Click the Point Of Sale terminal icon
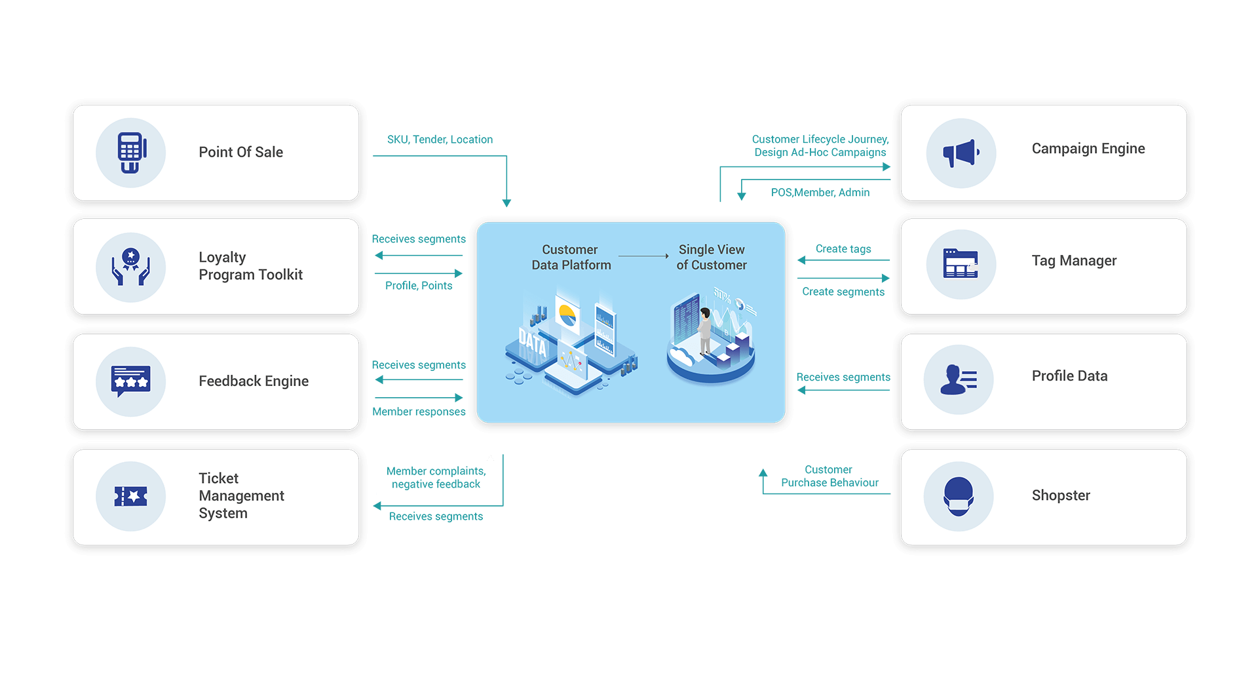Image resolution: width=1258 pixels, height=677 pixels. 131,153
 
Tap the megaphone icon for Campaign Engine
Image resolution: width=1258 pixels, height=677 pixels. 961,153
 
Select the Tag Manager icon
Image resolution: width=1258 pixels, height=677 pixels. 961,264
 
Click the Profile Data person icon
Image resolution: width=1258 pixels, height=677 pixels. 959,379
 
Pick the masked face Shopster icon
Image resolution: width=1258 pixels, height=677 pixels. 959,496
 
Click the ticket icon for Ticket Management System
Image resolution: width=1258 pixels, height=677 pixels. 131,497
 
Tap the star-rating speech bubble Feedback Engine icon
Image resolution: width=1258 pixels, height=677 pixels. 131,381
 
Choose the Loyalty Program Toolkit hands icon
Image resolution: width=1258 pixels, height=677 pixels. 131,267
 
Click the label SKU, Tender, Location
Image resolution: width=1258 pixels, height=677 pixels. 440,140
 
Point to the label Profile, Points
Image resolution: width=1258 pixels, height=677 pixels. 419,286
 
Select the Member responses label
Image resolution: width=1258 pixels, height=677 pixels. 419,412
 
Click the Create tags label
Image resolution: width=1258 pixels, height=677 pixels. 843,249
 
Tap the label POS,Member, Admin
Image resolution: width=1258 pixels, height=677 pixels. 820,193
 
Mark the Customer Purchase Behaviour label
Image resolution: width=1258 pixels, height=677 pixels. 829,476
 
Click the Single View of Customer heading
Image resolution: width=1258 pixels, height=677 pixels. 712,258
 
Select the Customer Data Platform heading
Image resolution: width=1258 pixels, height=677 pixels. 571,258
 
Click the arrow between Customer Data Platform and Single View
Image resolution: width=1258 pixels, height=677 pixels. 643,256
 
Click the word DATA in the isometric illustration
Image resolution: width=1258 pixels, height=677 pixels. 532,343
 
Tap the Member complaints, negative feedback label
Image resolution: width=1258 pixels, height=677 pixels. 436,478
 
